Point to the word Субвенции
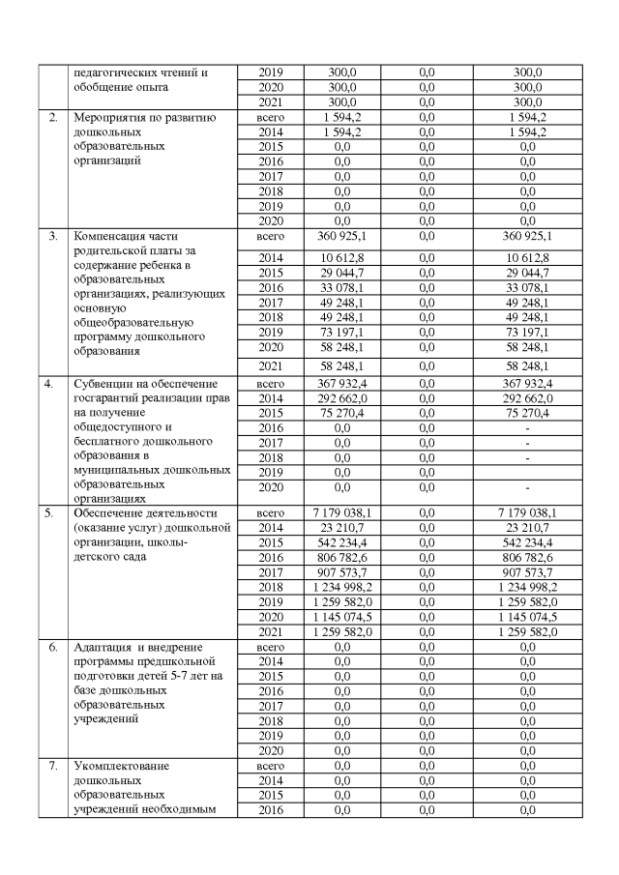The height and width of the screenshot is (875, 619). click(x=103, y=384)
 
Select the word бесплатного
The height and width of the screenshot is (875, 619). click(x=111, y=441)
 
